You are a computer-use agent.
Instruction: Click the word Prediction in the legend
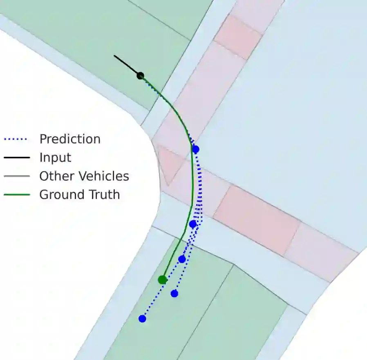point(70,139)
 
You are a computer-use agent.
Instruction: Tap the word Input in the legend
point(55,158)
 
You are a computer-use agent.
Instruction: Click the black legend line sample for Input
point(16,158)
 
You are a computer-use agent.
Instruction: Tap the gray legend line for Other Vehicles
point(16,176)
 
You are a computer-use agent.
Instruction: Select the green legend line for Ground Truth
point(16,195)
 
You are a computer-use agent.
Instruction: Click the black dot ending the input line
point(140,76)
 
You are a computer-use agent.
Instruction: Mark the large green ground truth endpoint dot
point(162,280)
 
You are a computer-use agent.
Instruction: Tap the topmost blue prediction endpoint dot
point(195,149)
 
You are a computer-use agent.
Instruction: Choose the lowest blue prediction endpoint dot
point(142,318)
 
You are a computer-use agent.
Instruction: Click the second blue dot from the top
point(193,224)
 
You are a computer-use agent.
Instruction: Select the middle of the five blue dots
point(182,259)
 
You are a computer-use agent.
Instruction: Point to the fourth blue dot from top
point(175,293)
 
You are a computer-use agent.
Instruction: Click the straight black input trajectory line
point(127,65)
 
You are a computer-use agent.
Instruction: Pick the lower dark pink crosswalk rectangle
point(257,220)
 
